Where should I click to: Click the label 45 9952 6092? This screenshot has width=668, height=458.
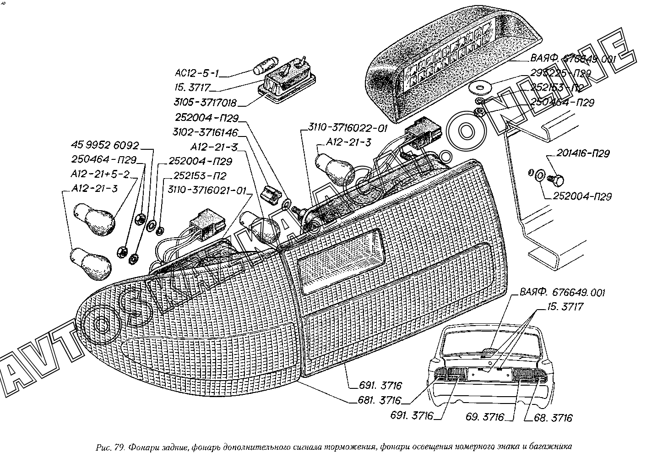coord(104,146)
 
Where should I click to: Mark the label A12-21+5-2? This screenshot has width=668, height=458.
coord(100,174)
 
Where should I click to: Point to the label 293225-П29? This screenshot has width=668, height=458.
coord(560,73)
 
